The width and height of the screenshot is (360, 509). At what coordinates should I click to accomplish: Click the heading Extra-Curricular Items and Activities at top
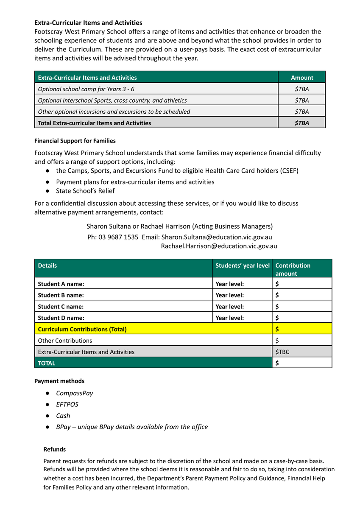pos(88,22)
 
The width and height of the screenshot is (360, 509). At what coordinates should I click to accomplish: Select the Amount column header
pos(302,78)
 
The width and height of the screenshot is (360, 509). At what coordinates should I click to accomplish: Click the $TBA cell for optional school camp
pos(302,89)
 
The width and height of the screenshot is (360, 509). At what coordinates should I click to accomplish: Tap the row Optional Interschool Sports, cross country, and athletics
pos(112,101)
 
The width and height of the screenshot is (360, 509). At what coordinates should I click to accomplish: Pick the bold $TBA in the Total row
pos(302,123)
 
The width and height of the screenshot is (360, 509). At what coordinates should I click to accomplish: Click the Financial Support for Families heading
pos(75,141)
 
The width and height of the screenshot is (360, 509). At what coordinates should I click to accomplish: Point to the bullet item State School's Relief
pos(85,191)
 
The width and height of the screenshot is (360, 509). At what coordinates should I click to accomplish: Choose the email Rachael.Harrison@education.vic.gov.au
pos(219,246)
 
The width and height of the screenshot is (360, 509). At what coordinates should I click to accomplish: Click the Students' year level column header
pos(242,266)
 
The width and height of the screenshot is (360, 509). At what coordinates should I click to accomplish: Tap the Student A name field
pos(61,284)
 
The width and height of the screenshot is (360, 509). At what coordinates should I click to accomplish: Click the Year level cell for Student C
pos(229,307)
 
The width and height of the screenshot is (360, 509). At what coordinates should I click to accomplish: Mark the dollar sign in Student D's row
pos(277,318)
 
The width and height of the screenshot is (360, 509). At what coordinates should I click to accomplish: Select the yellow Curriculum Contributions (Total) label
pos(82,329)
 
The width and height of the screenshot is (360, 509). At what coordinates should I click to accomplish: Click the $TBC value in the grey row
pos(282,352)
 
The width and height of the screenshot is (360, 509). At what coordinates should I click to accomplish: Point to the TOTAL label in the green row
pos(47,363)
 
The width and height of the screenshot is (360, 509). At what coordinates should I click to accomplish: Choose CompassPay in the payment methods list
pos(75,393)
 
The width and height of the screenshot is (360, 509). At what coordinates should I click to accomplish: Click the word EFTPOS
pos(67,405)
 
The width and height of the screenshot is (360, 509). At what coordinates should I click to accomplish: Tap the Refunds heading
pos(55,449)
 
